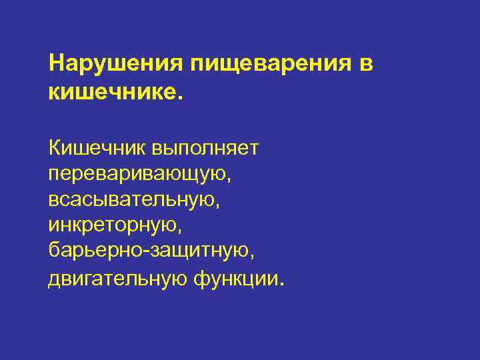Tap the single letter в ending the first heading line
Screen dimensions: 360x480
tap(366, 65)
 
